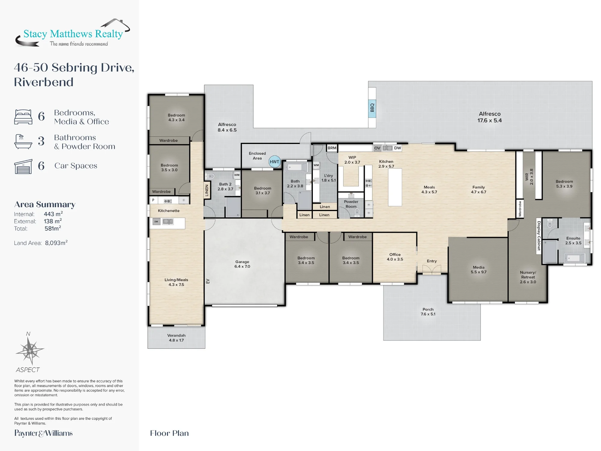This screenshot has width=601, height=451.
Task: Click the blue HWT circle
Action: click(x=274, y=162)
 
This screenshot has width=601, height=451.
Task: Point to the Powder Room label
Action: click(x=351, y=204)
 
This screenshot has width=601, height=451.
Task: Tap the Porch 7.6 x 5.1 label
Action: click(x=428, y=311)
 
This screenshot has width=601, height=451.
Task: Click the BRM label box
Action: click(x=332, y=148)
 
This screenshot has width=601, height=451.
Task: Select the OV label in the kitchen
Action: click(x=377, y=148)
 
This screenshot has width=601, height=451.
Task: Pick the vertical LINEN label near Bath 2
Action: click(x=207, y=190)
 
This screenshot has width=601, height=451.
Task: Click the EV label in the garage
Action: click(x=208, y=281)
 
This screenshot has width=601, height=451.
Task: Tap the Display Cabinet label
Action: click(x=539, y=236)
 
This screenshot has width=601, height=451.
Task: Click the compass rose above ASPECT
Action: click(x=30, y=351)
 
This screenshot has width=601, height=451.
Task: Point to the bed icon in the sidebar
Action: click(x=23, y=117)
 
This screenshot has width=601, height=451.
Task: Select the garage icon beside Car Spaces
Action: click(x=23, y=167)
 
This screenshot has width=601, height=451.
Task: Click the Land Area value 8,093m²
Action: click(x=56, y=243)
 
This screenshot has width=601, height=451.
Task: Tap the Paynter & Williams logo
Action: click(x=44, y=433)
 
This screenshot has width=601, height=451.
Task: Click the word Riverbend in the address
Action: click(x=44, y=82)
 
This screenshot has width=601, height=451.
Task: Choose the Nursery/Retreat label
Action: click(x=528, y=277)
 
